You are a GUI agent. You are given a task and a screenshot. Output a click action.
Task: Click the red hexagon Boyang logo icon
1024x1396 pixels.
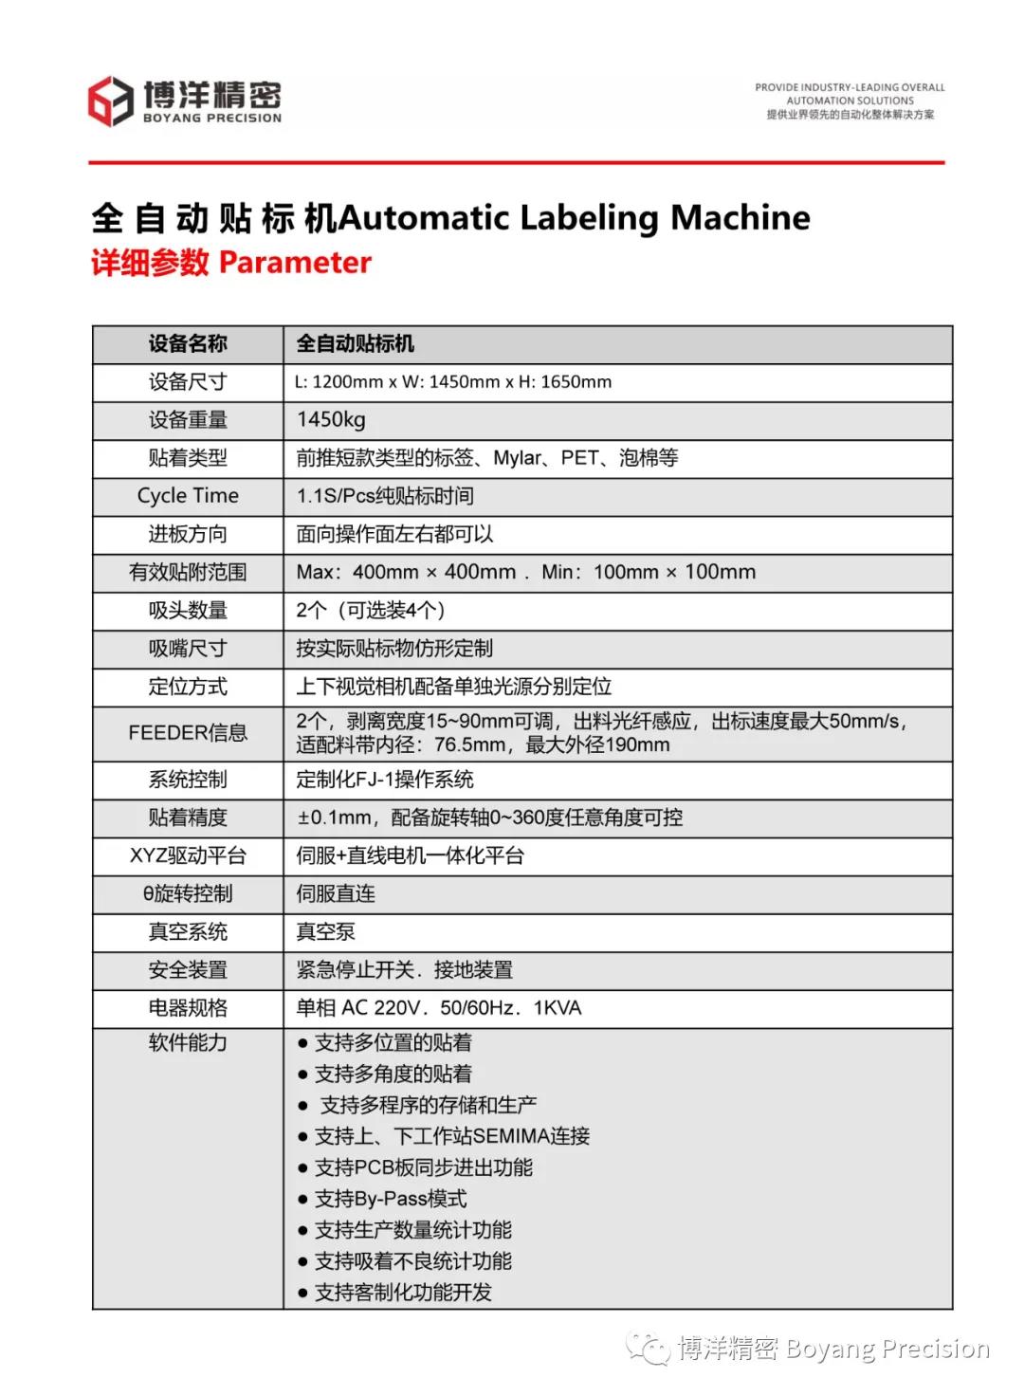click(110, 101)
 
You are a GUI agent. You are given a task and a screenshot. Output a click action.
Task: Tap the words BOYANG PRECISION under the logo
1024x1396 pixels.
click(212, 119)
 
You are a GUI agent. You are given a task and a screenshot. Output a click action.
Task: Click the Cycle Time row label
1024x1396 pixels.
click(188, 496)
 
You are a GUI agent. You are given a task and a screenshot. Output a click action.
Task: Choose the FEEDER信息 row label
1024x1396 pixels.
click(188, 733)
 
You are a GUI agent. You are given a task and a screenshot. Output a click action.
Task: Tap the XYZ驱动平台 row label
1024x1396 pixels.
click(188, 856)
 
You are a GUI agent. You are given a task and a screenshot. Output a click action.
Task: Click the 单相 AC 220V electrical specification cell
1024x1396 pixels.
click(439, 1008)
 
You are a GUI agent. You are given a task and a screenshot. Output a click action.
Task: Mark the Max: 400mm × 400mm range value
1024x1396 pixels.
click(406, 572)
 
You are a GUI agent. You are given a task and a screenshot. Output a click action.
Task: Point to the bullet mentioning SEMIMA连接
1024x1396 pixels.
click(452, 1136)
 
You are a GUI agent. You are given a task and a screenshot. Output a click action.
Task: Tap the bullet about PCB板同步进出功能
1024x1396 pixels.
click(424, 1167)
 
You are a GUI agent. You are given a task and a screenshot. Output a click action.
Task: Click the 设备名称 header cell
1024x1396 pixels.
click(188, 344)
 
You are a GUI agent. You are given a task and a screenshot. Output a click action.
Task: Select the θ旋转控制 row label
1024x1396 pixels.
click(188, 894)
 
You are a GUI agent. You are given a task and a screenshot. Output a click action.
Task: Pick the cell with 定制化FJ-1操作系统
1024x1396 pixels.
click(385, 780)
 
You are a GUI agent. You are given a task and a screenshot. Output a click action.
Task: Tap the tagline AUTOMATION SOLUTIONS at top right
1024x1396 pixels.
click(850, 101)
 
